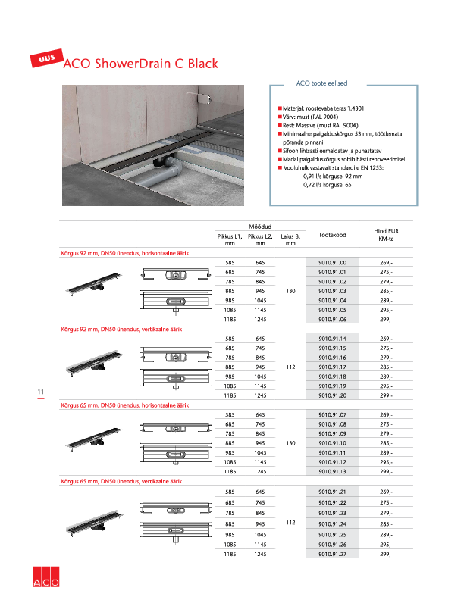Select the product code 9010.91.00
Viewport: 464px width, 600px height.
tap(332, 262)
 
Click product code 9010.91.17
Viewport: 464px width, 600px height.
tap(332, 367)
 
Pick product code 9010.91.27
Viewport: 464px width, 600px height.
tap(332, 554)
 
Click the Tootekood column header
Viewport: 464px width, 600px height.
tap(332, 235)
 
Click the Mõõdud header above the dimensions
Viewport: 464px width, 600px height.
tap(260, 226)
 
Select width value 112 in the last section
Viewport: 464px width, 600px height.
tap(290, 523)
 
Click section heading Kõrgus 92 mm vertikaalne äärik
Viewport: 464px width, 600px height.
tap(121, 330)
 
